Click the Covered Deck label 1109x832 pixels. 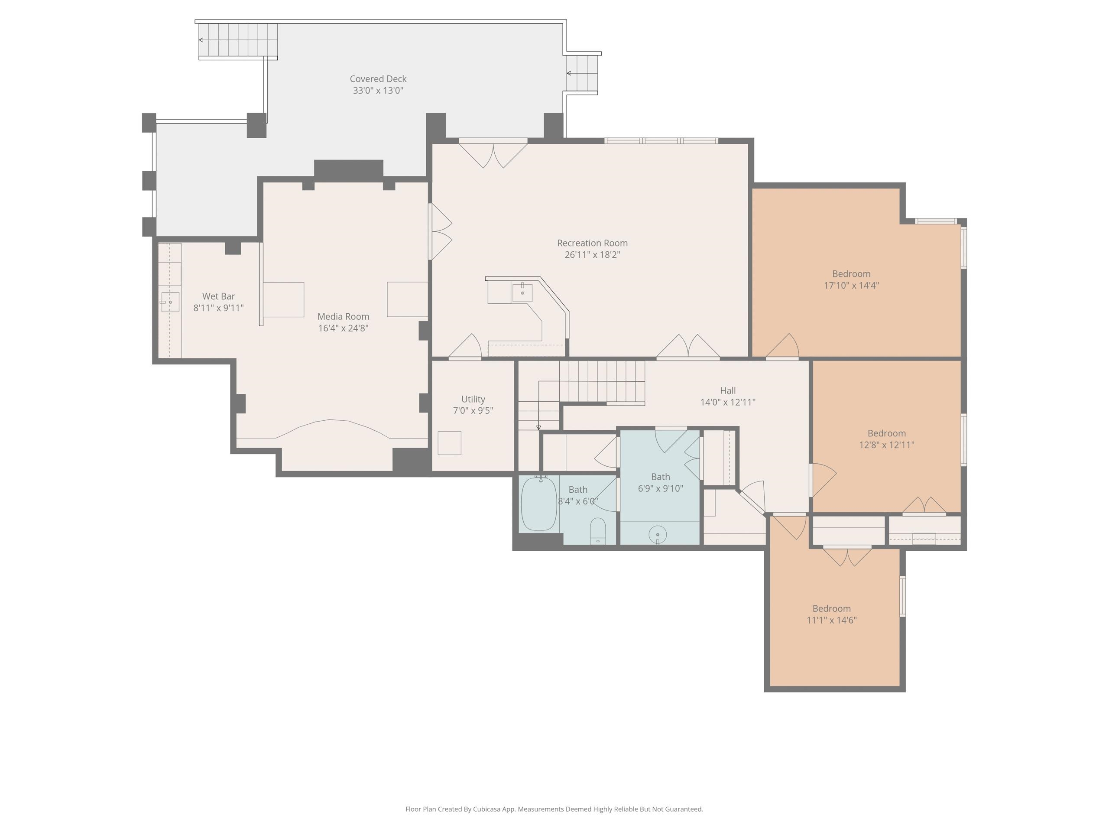pyautogui.click(x=378, y=79)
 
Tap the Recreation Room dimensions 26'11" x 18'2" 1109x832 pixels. pyautogui.click(x=592, y=255)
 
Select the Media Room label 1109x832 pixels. pyautogui.click(x=344, y=316)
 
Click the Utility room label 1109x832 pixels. pyautogui.click(x=473, y=399)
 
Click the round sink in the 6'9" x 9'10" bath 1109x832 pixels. pyautogui.click(x=657, y=535)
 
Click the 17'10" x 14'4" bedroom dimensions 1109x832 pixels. pyautogui.click(x=851, y=286)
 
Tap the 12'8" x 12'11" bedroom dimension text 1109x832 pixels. pyautogui.click(x=886, y=445)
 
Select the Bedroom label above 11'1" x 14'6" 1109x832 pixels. pyautogui.click(x=831, y=608)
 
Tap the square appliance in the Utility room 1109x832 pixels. pyautogui.click(x=449, y=443)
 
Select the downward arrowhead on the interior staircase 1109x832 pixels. pyautogui.click(x=538, y=428)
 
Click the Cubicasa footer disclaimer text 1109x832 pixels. pyautogui.click(x=554, y=809)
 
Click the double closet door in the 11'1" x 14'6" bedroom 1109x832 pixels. pyautogui.click(x=847, y=556)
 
